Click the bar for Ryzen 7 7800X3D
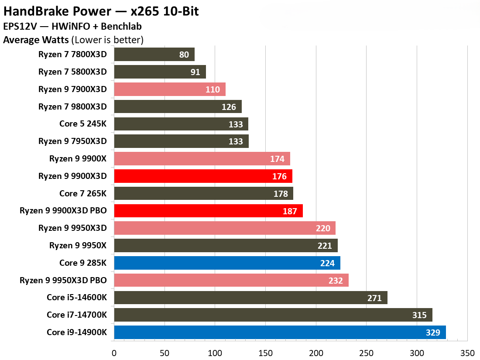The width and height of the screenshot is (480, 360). [154, 55]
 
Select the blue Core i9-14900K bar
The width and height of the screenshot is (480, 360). [280, 333]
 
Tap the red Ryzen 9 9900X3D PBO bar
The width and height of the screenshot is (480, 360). [208, 211]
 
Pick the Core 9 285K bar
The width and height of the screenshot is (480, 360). [227, 263]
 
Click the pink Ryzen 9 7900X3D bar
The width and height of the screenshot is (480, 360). [170, 89]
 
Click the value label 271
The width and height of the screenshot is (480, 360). [374, 298]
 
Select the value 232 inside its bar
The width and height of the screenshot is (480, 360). [336, 281]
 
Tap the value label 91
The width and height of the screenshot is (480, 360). [195, 72]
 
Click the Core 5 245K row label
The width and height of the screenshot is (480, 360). [83, 124]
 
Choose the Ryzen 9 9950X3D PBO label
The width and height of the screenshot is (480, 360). [63, 280]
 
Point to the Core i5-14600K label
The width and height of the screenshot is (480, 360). [77, 298]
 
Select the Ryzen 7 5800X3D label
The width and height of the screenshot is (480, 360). [72, 72]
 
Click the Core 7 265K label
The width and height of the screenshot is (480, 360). [83, 193]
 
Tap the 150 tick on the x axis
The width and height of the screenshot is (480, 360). [265, 353]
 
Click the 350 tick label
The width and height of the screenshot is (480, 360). [467, 353]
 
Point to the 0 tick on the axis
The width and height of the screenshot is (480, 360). [114, 353]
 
